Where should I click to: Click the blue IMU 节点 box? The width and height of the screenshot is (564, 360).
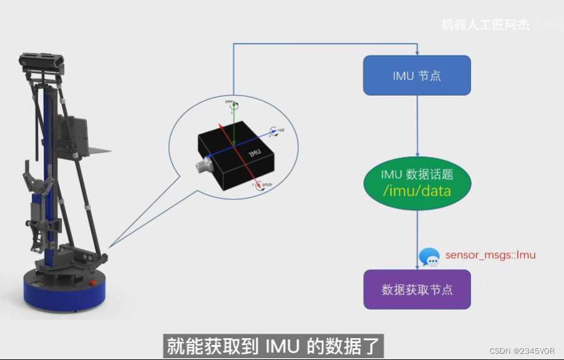coord(416,76)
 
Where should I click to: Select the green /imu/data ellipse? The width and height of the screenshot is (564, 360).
coord(416,182)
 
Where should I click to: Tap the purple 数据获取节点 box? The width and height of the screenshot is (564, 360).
coord(416,289)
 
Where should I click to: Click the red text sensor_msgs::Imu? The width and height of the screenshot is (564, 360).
coord(490,255)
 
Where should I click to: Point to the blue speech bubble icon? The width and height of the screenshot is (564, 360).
coord(429,257)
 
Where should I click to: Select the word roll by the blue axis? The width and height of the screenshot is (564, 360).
coord(281,130)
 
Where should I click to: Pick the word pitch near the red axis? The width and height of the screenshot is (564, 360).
coord(266,185)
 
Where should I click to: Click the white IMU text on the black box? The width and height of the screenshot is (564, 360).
coord(254,153)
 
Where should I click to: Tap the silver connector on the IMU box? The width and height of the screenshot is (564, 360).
coord(203,167)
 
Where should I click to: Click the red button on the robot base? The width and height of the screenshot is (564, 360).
coord(94,282)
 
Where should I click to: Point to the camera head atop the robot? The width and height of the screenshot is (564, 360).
coord(42,62)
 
